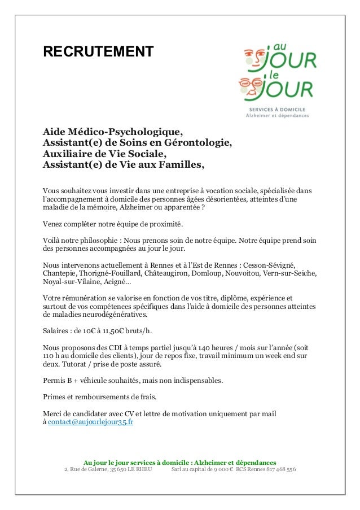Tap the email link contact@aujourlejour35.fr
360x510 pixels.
tap(90, 422)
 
